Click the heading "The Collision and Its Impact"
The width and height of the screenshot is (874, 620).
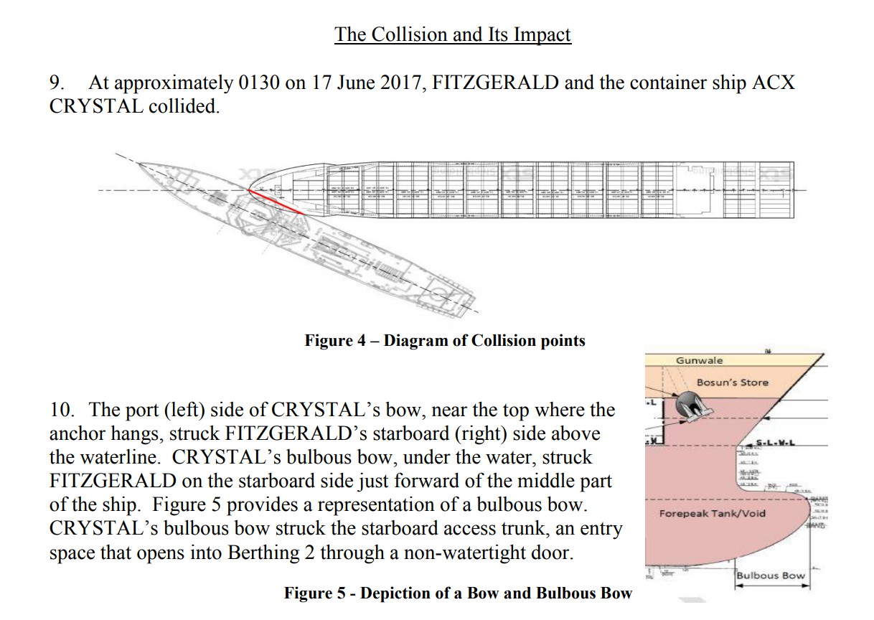click(452, 34)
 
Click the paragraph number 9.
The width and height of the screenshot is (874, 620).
click(57, 83)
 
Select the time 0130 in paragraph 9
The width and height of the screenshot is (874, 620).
click(258, 83)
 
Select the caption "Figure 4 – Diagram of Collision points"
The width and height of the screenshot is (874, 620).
click(445, 340)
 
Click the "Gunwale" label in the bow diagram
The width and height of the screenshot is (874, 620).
click(699, 360)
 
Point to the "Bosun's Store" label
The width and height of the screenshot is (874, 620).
click(732, 382)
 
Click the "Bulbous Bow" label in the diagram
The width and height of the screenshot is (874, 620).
click(771, 575)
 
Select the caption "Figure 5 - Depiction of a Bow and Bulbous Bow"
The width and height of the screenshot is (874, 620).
click(458, 593)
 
